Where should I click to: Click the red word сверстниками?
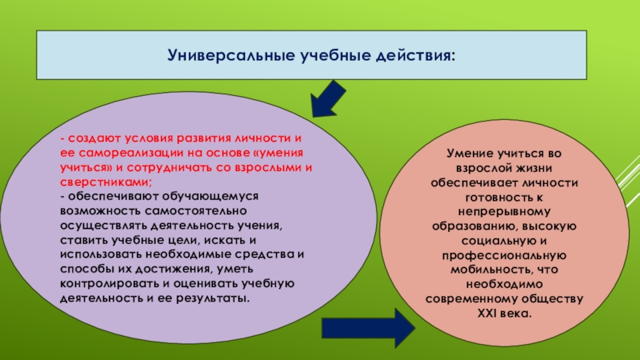click(98, 182)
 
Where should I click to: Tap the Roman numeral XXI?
click(478, 313)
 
